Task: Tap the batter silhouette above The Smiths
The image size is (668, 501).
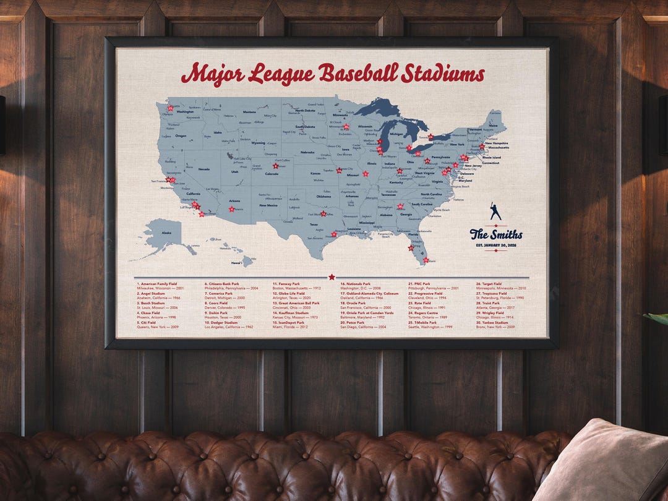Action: [495, 211]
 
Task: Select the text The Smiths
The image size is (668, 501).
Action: [496, 234]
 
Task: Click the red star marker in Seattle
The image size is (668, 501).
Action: [170, 108]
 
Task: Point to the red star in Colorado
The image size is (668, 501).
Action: [275, 166]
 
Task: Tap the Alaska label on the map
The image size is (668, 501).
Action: [166, 233]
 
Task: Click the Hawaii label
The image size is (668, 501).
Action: [236, 262]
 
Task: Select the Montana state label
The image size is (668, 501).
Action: [249, 112]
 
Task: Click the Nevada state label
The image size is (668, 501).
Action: [203, 168]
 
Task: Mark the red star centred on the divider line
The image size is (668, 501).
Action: [332, 277]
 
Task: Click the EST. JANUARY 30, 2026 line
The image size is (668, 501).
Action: [496, 245]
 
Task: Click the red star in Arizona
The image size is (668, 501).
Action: [231, 209]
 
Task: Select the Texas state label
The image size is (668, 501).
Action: [314, 224]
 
